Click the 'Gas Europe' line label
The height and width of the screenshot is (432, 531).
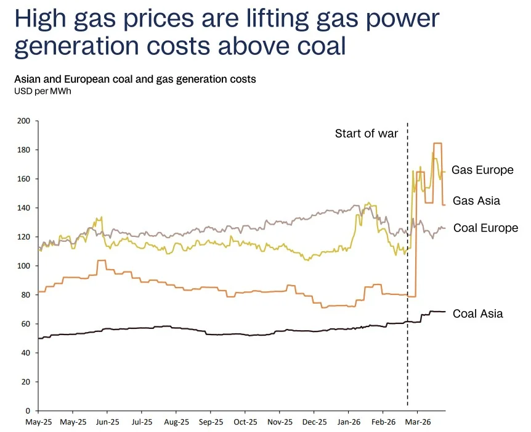pyautogui.click(x=482, y=170)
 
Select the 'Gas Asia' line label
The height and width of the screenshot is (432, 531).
pyautogui.click(x=476, y=200)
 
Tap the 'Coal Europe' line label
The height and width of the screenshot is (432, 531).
pyautogui.click(x=485, y=228)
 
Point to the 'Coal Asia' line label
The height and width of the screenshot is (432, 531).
pyautogui.click(x=477, y=314)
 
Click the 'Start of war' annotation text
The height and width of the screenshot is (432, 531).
pyautogui.click(x=367, y=133)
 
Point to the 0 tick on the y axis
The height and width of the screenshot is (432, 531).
pyautogui.click(x=28, y=410)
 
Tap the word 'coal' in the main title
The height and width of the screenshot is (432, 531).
pyautogui.click(x=317, y=47)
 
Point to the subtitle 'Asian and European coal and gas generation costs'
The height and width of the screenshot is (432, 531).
pyautogui.click(x=134, y=79)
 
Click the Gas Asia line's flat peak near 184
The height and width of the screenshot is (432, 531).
pyautogui.click(x=437, y=143)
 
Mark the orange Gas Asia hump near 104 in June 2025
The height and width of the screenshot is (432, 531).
pyautogui.click(x=102, y=260)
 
